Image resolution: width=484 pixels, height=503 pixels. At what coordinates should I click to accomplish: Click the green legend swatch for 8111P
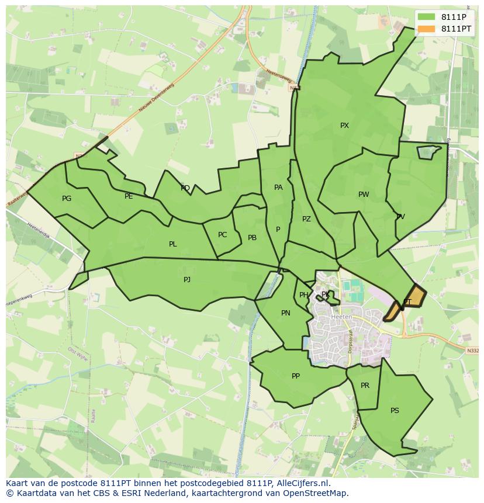[x=427, y=17]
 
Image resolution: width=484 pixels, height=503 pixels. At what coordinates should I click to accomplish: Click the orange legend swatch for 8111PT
[x=427, y=29]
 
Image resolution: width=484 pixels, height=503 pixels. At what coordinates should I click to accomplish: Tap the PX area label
[x=344, y=126]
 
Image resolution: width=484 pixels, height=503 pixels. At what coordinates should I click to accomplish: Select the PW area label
[x=364, y=195]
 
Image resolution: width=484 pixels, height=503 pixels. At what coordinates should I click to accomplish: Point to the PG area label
[x=67, y=199]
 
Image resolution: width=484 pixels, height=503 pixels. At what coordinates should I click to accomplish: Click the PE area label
[x=129, y=196]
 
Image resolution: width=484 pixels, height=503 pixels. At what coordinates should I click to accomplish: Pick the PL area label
[x=172, y=244]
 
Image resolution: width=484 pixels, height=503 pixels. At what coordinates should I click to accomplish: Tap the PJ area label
[x=187, y=280]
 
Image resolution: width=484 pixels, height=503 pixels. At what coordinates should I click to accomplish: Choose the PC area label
[x=222, y=235]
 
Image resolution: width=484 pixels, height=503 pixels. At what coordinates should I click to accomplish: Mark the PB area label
[x=252, y=238]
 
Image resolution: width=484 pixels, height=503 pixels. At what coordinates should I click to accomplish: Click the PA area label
[x=278, y=188]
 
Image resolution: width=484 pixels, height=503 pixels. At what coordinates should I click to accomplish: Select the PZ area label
[x=306, y=219]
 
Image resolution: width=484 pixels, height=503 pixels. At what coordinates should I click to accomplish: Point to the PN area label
[x=286, y=313]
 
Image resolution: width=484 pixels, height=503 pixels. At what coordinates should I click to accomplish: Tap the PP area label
[x=296, y=376]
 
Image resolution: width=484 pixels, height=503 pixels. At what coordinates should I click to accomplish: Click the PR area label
[x=365, y=386]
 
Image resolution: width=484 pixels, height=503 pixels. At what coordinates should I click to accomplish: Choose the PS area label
[x=395, y=411]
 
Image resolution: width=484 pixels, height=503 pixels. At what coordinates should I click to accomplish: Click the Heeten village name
[x=341, y=317]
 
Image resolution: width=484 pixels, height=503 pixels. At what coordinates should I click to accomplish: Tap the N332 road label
[x=473, y=351]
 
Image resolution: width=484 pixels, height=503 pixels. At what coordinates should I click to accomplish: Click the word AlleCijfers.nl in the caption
[x=303, y=483]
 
